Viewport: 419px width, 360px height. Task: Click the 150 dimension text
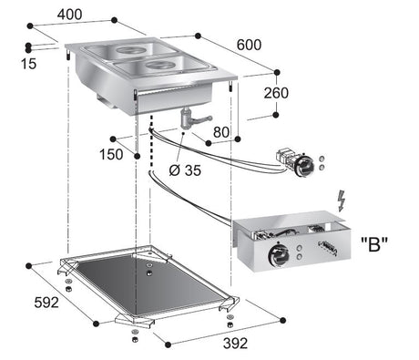point(110,154)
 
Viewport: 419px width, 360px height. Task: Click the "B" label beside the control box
point(373,245)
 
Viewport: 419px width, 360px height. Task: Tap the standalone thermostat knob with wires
point(296,162)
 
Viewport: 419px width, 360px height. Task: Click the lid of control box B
point(291,226)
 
